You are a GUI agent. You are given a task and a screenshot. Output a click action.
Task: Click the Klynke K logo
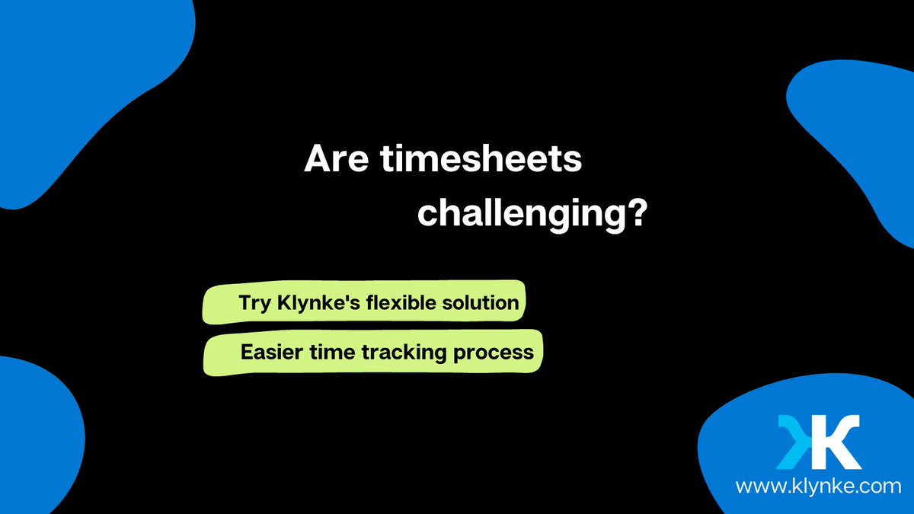click(x=819, y=442)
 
